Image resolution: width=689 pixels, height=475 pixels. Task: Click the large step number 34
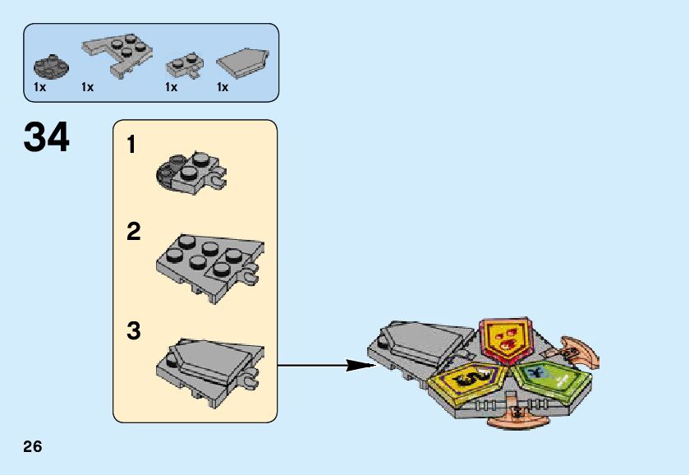coord(47,138)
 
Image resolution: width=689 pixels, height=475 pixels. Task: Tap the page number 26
coord(33,447)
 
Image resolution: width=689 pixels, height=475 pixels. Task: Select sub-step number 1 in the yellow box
coord(131,146)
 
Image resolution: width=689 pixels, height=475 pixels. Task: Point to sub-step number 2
coord(133,233)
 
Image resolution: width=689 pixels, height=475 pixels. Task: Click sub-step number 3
coord(133,332)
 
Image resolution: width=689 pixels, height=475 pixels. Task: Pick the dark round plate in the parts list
coord(47,64)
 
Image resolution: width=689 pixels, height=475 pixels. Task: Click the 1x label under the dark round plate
coord(39,87)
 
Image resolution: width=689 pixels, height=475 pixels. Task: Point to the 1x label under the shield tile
coord(223,87)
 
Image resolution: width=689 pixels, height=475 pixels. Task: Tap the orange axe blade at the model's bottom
coord(517,418)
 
